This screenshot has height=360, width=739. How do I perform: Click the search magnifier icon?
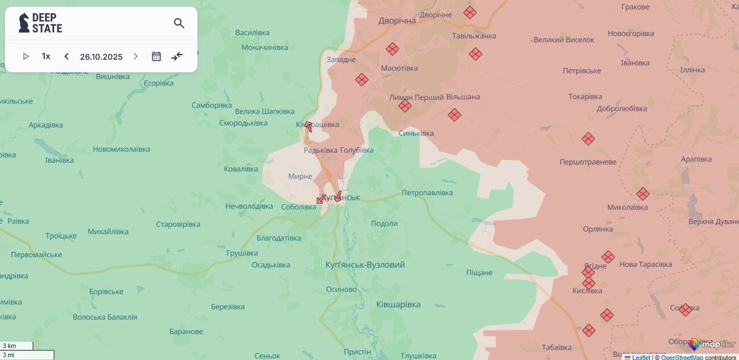[179, 23]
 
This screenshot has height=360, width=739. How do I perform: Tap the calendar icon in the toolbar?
[156, 56]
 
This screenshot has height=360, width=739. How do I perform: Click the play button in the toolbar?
[26, 56]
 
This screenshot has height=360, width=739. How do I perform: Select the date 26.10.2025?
[101, 56]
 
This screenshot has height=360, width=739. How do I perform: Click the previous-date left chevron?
[67, 56]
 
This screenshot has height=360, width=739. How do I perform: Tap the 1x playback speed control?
[46, 56]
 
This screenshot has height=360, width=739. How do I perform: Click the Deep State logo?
[40, 23]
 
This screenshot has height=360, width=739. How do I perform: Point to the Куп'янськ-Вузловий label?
[365, 265]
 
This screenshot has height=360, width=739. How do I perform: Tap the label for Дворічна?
[397, 21]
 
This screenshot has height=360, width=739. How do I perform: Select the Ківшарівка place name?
[398, 305]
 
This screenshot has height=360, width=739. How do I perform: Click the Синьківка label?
[416, 134]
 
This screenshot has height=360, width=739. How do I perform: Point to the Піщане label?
[479, 272]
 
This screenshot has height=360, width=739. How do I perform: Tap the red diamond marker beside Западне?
[362, 80]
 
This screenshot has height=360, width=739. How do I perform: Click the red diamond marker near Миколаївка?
[642, 194]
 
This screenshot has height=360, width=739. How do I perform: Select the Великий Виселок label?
[564, 40]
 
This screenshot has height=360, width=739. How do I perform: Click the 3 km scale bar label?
[10, 346]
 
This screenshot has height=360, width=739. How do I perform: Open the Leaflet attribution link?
[641, 357]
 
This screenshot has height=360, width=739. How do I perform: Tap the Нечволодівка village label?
[249, 206]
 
